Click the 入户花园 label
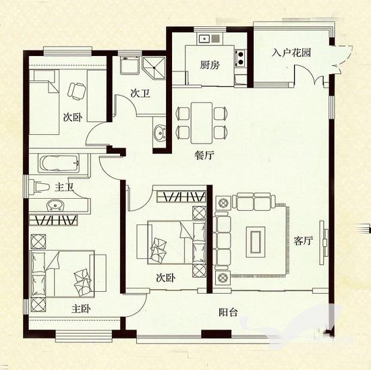291,53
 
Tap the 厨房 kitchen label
210,65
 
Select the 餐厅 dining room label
204,155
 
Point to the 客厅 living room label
304,241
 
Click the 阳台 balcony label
228,312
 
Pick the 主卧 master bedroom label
81,309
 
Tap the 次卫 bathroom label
140,94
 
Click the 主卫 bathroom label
64,187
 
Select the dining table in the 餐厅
202,123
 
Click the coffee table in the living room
256,242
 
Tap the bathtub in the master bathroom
59,163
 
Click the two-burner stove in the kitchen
241,58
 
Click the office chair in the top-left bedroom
76,91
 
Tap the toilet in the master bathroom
39,187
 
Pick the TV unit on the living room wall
324,243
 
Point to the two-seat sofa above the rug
254,202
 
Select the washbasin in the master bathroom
55,205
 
